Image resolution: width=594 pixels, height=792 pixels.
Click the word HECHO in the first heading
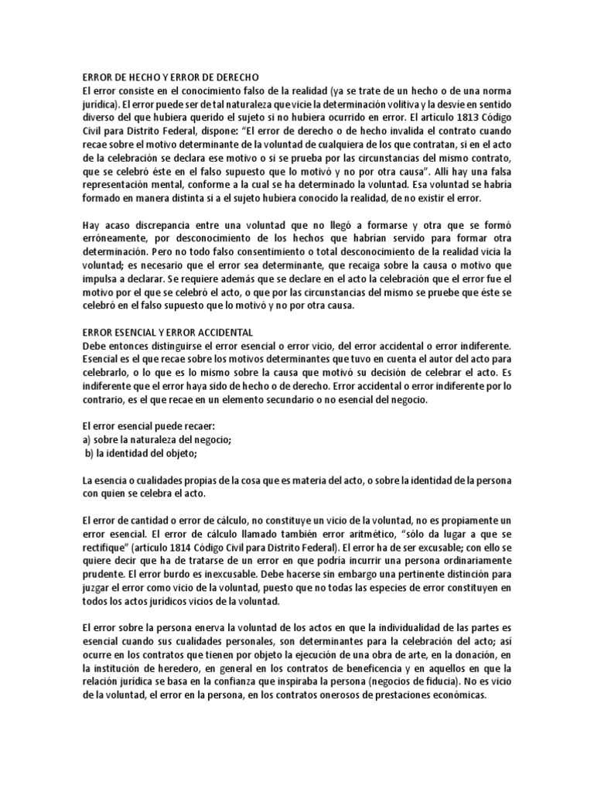point(137,77)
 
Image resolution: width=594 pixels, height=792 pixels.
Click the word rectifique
point(104,546)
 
